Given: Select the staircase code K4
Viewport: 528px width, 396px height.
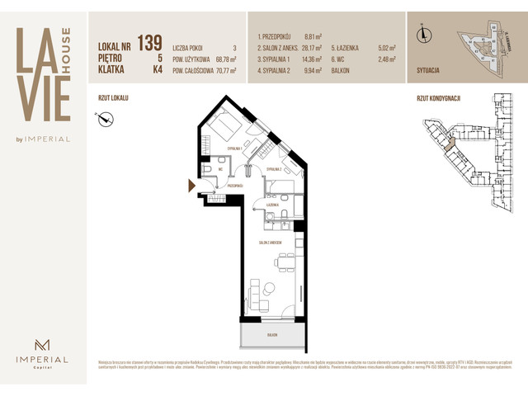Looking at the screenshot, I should pos(158,70).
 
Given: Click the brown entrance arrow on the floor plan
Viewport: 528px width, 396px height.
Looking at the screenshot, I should pos(191,186).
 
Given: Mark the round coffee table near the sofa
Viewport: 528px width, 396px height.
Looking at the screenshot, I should pos(269,288).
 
